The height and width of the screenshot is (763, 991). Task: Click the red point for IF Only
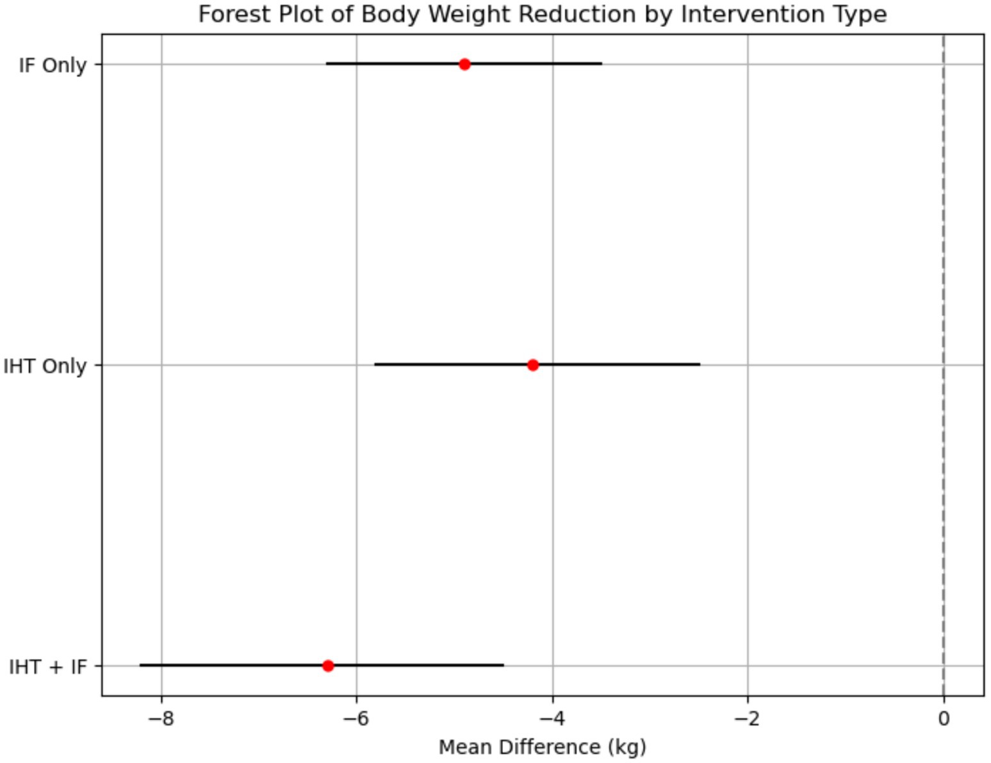point(464,64)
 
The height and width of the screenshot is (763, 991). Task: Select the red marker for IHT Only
point(532,365)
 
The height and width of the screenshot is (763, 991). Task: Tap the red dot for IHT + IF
point(328,666)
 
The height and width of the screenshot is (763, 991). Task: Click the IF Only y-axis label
point(53,65)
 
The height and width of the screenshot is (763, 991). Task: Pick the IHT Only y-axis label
point(45,366)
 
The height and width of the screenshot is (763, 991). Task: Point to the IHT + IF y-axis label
point(48,667)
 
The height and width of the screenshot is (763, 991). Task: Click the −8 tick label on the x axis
point(161,719)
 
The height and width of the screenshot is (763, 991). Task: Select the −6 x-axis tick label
point(357,719)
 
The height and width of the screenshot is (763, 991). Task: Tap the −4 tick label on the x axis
point(552,719)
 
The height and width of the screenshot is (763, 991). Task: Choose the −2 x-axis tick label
point(748,719)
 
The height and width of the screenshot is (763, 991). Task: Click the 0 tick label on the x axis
point(943,719)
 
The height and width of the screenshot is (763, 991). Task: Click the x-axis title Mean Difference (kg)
point(542,747)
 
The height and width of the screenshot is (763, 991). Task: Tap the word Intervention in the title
point(735,14)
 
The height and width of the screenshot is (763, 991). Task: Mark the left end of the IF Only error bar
point(327,63)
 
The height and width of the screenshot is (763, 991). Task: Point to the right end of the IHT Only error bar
point(700,365)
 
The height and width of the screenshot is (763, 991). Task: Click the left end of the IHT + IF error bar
point(140,665)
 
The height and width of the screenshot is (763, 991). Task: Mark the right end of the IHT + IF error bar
point(504,665)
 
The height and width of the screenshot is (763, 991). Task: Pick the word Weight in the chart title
point(471,14)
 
